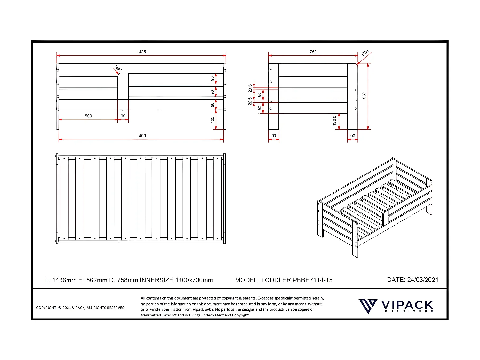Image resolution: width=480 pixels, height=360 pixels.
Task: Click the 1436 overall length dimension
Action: pyautogui.click(x=141, y=52)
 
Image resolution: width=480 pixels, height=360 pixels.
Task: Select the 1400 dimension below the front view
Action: pyautogui.click(x=141, y=136)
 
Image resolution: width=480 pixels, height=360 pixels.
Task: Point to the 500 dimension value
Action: pyautogui.click(x=88, y=116)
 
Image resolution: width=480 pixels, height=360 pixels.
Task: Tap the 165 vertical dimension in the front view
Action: pyautogui.click(x=212, y=120)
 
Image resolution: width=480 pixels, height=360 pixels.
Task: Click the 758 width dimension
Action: pyautogui.click(x=313, y=52)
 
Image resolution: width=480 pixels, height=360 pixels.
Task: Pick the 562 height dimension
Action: pyautogui.click(x=364, y=96)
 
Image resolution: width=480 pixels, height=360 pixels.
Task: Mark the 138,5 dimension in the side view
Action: pyautogui.click(x=335, y=121)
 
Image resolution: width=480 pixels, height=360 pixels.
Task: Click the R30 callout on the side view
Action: pyautogui.click(x=365, y=53)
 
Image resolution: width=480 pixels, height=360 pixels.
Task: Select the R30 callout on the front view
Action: pyautogui.click(x=118, y=68)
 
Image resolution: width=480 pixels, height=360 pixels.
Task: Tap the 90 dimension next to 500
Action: pyautogui.click(x=123, y=116)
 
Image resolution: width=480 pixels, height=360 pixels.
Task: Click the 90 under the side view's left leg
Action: pyautogui.click(x=274, y=136)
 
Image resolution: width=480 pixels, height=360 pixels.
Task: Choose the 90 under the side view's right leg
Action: pyautogui.click(x=353, y=136)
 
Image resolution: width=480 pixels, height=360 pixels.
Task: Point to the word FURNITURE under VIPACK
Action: pyautogui.click(x=409, y=311)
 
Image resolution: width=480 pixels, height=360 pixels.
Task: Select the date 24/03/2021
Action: pyautogui.click(x=422, y=280)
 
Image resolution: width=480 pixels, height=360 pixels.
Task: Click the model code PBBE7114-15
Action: pyautogui.click(x=312, y=280)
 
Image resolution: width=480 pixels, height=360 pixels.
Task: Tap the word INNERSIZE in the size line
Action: pyautogui.click(x=156, y=280)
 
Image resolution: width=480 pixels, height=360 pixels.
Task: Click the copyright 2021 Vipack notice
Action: pyautogui.click(x=80, y=308)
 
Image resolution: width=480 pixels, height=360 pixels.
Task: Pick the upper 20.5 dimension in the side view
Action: pyautogui.click(x=250, y=88)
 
